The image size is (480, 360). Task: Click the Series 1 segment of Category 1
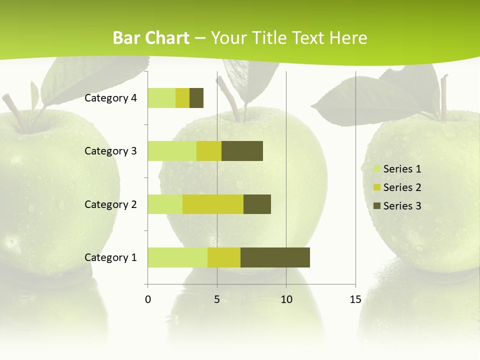(177, 257)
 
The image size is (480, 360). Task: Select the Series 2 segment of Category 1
(224, 257)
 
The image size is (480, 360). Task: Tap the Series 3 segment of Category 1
(275, 257)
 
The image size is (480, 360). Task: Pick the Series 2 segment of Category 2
(213, 204)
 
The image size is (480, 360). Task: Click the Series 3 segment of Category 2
(257, 204)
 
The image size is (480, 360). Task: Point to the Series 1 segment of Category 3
(172, 151)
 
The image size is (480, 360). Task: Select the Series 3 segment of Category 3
(242, 151)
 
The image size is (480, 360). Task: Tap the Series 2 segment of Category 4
(182, 98)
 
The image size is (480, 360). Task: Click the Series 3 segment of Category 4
(196, 98)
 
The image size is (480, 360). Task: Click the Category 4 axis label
(110, 98)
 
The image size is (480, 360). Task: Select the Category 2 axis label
(110, 204)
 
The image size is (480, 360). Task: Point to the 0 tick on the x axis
(148, 299)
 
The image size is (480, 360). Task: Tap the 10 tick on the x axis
(286, 299)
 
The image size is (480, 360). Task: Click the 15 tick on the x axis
(355, 299)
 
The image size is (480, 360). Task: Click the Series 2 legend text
(402, 187)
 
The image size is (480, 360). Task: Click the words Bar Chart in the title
(151, 38)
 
